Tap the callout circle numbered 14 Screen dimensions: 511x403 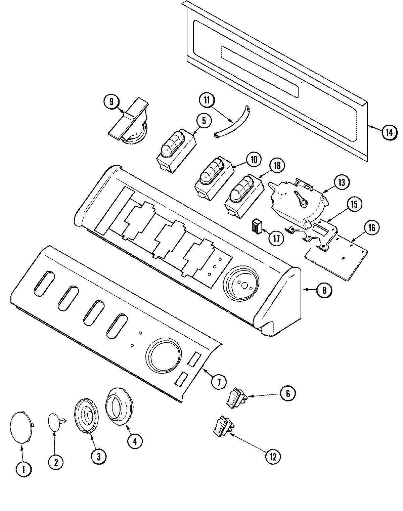click(x=389, y=132)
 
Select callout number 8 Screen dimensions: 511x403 click(x=324, y=290)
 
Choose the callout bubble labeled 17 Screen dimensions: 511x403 click(x=276, y=238)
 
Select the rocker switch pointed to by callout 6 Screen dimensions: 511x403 click(x=236, y=398)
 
